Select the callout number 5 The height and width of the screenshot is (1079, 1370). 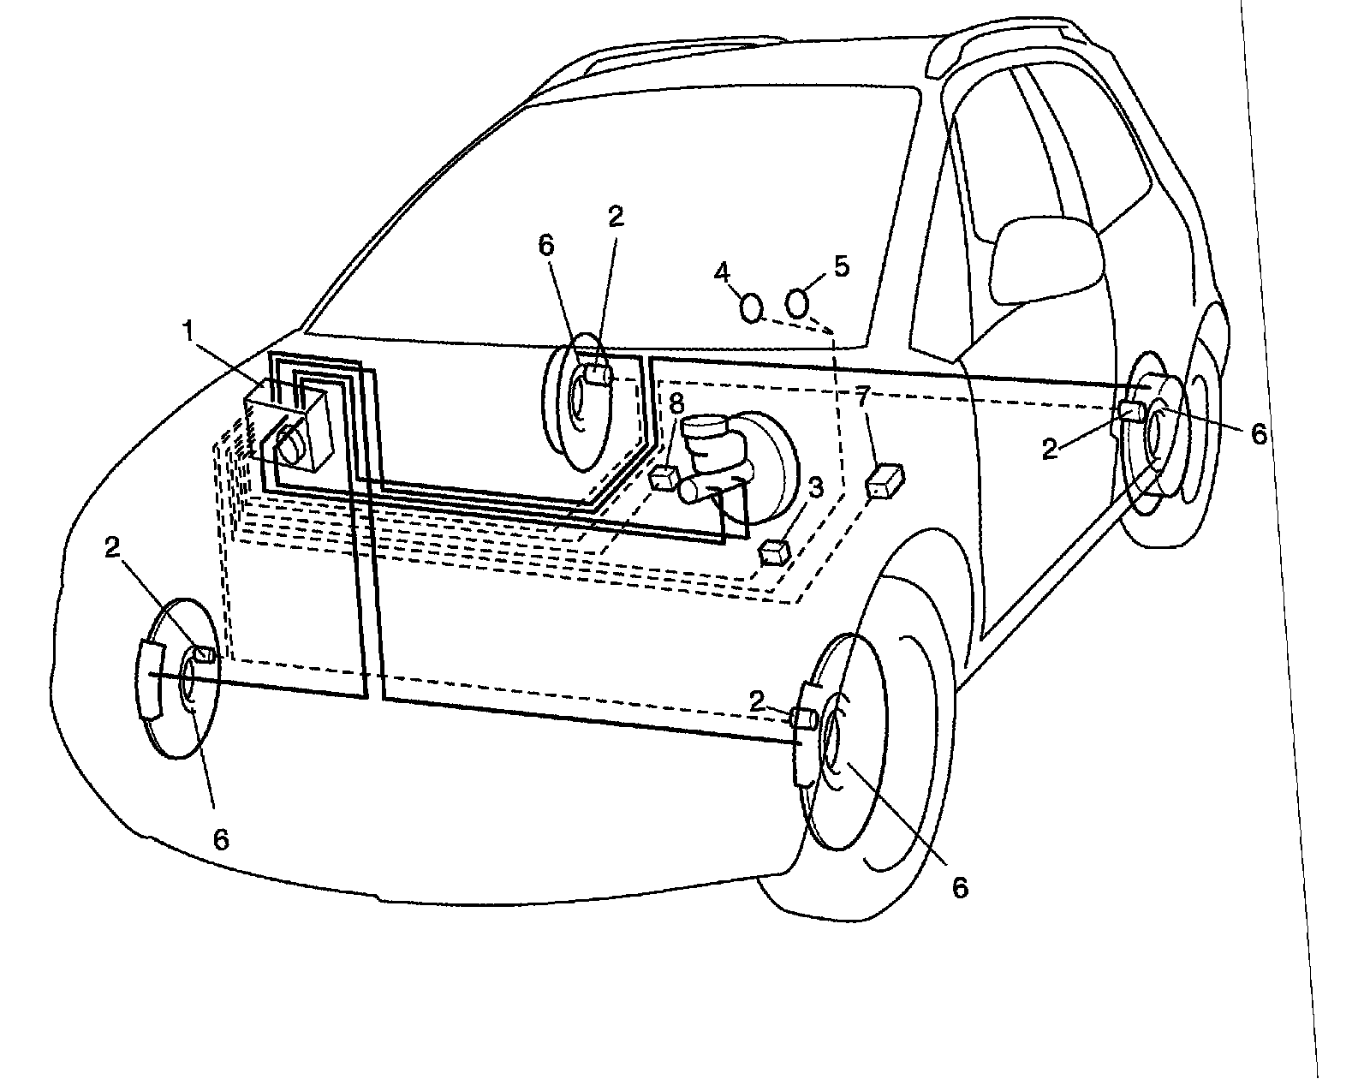coord(842,266)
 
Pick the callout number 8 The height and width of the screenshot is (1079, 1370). coord(676,402)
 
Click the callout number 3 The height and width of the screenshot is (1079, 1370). coord(814,488)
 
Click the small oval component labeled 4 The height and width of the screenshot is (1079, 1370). coord(750,307)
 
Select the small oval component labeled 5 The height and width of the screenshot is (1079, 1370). coord(798,301)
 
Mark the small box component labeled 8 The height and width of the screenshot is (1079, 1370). coord(664,476)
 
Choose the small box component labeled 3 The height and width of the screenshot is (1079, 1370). coord(775,551)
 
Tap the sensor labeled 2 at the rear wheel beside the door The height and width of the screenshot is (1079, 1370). coord(1131,412)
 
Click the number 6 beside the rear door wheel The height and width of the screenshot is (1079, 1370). coord(1257,434)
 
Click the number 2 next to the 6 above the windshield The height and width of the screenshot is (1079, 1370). coord(616,218)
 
